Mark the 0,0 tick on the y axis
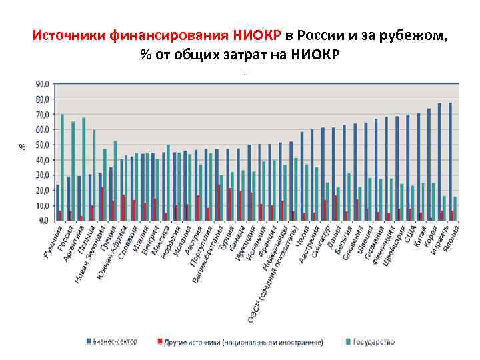[x=42, y=220]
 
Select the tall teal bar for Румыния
[x=63, y=167]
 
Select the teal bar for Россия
[x=73, y=171]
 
